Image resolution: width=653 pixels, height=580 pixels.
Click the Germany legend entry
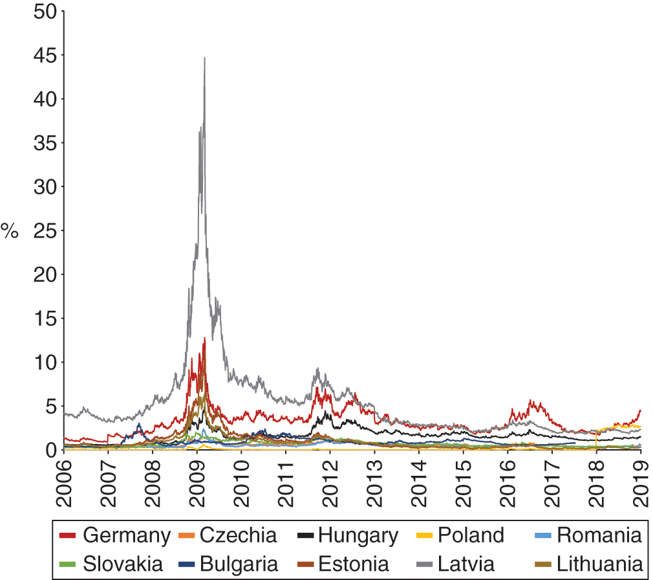[114, 535]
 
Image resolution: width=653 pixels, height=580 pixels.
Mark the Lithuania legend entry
[590, 563]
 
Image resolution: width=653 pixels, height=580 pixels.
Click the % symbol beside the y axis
[10, 231]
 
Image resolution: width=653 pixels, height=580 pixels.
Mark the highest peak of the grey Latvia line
[204, 58]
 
